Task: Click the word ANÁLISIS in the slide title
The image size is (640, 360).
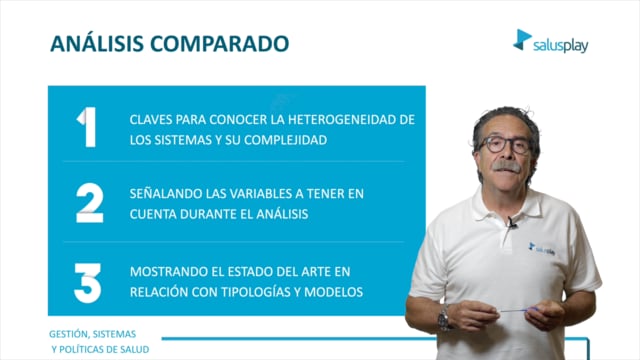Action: (x=97, y=43)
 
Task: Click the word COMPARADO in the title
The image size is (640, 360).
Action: (x=220, y=44)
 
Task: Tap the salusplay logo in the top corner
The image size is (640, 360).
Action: (x=551, y=41)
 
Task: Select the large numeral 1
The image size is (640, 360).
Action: (x=87, y=127)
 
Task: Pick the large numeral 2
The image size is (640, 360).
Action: (x=90, y=203)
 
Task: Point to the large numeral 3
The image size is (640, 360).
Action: (x=88, y=283)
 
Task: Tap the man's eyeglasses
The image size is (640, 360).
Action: (x=505, y=145)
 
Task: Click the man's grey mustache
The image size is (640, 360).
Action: (x=507, y=166)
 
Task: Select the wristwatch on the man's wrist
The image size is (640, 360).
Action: (x=444, y=318)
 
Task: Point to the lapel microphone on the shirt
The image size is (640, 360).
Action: (x=511, y=222)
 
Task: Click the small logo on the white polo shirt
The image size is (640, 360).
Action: (x=542, y=249)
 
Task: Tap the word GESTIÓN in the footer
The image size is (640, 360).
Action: (x=68, y=334)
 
